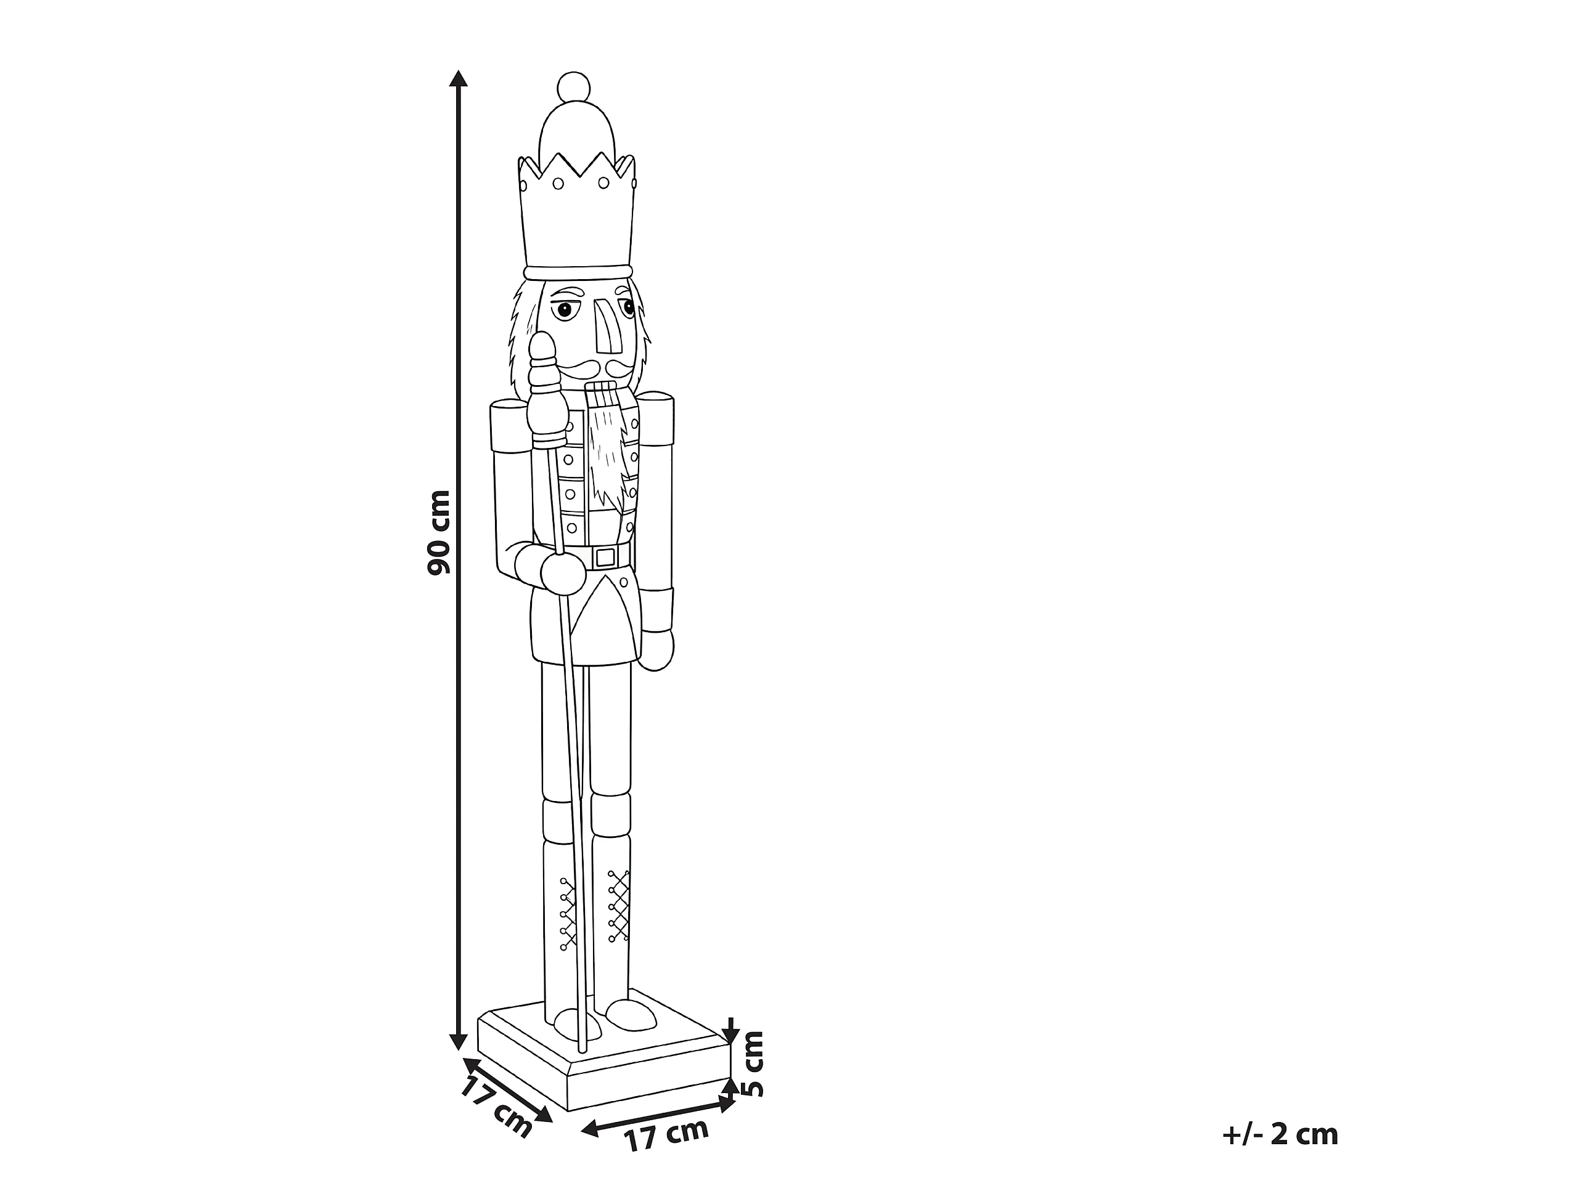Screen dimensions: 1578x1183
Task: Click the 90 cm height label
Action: [439, 532]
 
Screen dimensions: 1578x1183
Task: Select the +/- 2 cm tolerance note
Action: [1280, 1134]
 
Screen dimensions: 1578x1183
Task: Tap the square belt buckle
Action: [604, 557]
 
